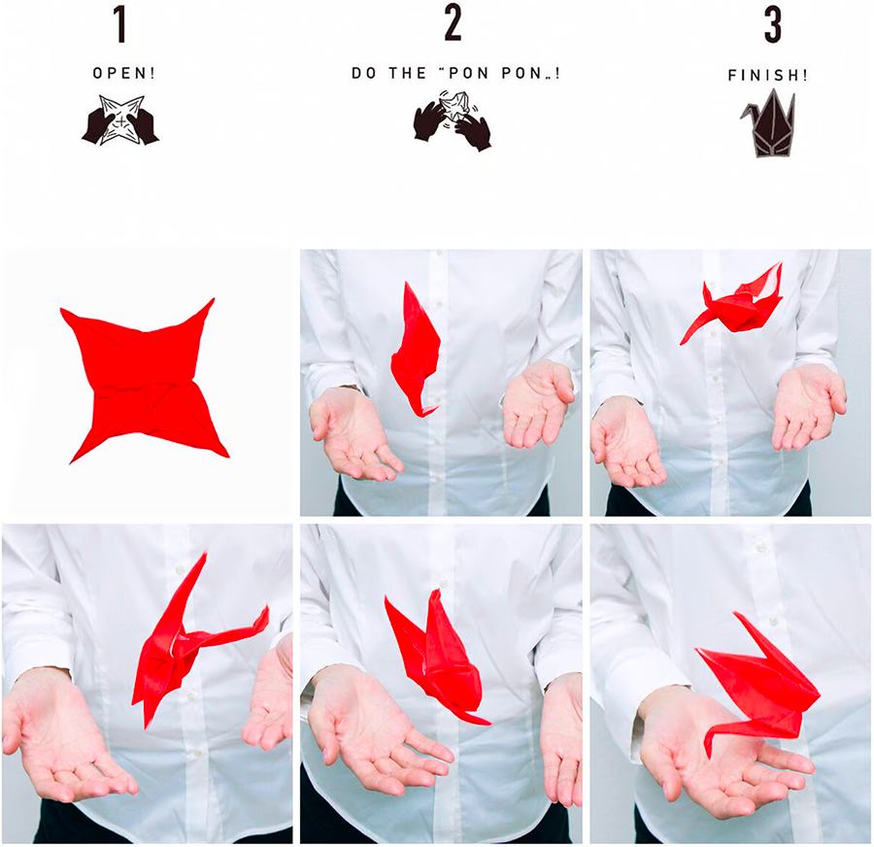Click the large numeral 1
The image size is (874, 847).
pos(119,23)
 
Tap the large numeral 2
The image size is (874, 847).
pos(453,23)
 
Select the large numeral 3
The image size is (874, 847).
pos(773,24)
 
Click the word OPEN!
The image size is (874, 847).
pos(123,73)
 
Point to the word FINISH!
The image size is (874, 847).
pos(767,75)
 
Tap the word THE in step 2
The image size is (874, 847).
pos(408,73)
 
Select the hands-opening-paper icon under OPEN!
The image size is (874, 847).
pos(120,120)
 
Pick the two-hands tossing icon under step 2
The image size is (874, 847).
pos(453,119)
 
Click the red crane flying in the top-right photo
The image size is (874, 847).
pos(731,304)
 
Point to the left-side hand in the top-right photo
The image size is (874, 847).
pos(627,441)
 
